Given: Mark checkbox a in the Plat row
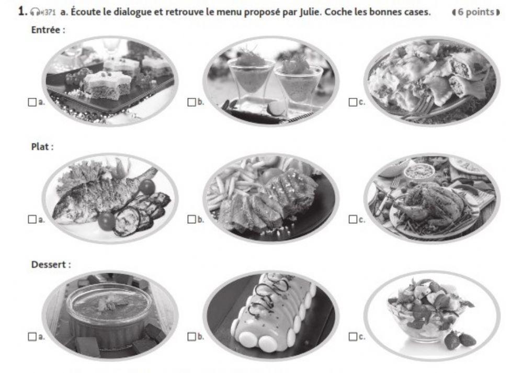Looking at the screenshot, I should click(31, 219).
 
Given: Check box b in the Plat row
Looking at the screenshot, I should click(192, 219).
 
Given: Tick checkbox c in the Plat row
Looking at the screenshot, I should click(353, 219).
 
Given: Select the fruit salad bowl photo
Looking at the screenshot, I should click(431, 314).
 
